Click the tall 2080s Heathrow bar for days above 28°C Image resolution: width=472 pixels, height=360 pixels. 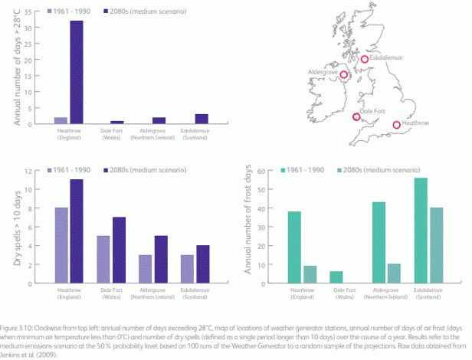tap(76, 73)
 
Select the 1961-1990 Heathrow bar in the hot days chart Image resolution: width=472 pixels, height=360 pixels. tap(61, 120)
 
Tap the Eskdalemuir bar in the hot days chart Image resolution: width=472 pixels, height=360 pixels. tap(201, 119)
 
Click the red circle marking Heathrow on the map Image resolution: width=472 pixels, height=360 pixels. tap(397, 125)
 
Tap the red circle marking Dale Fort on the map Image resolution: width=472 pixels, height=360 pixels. tap(356, 116)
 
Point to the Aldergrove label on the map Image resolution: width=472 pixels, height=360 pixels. tap(322, 70)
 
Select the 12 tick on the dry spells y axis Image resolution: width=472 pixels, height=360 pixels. tap(35, 172)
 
